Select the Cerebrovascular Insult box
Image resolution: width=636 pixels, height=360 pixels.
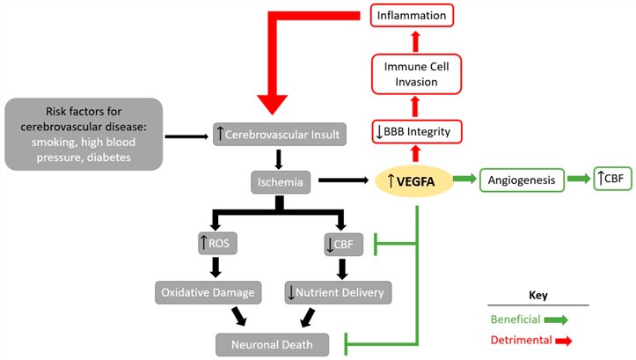pyautogui.click(x=277, y=135)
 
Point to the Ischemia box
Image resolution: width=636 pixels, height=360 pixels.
pyautogui.click(x=277, y=182)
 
